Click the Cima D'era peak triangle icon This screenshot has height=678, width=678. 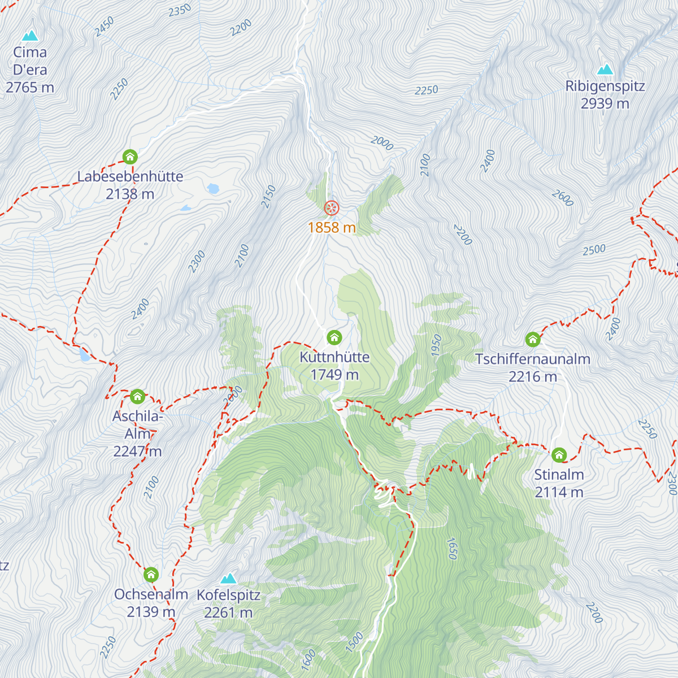30,36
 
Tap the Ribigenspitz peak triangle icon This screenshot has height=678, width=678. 605,69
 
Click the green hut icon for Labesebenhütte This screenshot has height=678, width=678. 130,157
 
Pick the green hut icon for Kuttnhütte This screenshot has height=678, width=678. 334,338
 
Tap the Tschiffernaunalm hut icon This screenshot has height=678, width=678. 532,340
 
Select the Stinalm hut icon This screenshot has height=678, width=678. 559,455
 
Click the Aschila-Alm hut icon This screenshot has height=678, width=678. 137,397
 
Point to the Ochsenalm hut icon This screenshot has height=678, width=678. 151,575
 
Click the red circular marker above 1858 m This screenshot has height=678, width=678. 331,208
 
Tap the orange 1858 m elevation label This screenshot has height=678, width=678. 332,228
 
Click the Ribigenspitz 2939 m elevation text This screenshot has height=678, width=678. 605,104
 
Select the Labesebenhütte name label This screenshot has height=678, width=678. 130,176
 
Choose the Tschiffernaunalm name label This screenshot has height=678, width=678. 532,359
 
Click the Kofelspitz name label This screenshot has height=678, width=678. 228,595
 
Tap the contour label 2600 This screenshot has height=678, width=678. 562,198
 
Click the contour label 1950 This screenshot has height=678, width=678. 436,345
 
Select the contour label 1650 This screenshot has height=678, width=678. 452,548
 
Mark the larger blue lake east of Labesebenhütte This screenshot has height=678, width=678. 213,189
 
